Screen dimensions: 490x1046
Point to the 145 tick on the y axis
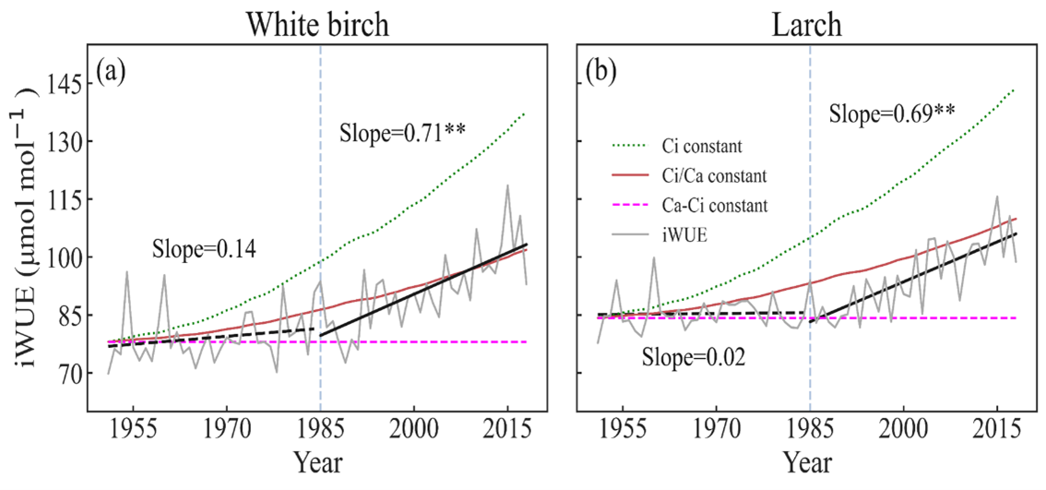[77, 84]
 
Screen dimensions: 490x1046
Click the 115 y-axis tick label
[77, 200]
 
